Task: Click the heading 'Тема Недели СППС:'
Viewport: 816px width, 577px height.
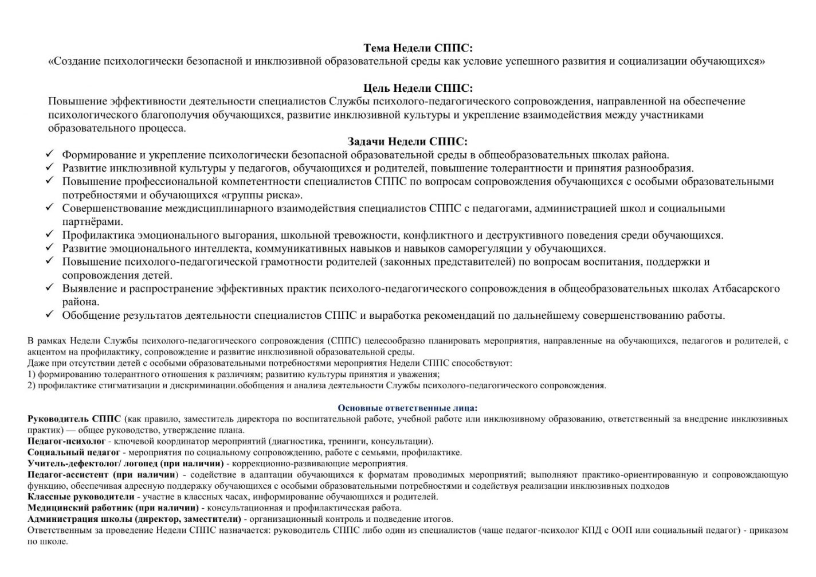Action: (x=418, y=48)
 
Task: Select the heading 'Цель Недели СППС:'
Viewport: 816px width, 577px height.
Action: (x=418, y=88)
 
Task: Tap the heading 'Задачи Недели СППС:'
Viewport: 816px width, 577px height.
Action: (x=407, y=142)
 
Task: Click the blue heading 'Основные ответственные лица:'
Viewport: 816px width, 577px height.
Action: (x=407, y=408)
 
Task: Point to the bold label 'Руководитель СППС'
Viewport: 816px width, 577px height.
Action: (x=74, y=419)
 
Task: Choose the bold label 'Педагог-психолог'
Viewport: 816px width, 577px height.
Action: (x=66, y=442)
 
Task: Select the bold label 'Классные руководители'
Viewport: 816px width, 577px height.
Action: (x=81, y=497)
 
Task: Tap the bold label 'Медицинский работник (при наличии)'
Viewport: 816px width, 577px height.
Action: (x=113, y=508)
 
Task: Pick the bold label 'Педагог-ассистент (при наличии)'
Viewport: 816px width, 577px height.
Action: (x=102, y=475)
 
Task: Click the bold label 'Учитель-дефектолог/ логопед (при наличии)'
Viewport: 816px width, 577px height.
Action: (x=125, y=463)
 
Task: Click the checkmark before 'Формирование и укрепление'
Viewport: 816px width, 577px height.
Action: (x=49, y=154)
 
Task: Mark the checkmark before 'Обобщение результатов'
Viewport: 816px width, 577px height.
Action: (x=49, y=315)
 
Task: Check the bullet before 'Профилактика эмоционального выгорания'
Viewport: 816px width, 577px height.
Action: (x=49, y=235)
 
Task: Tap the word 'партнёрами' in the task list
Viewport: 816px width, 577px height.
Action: (x=92, y=221)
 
